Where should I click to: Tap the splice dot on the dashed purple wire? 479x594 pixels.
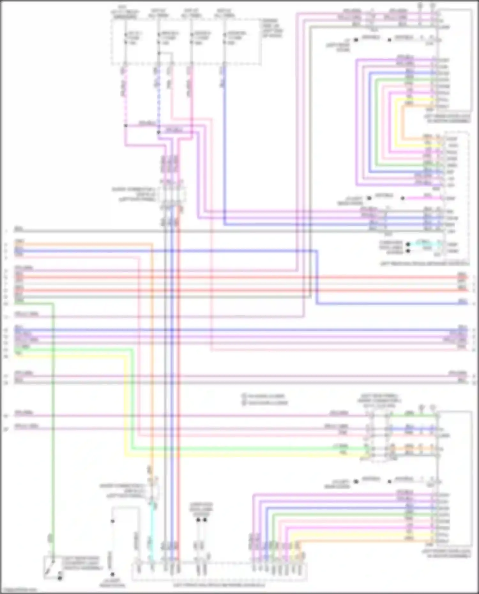[x=125, y=125]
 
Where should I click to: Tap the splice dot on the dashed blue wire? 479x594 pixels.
[x=158, y=132]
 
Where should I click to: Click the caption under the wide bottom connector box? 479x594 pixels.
[x=219, y=585]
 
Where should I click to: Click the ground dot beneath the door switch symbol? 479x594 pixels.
[x=60, y=578]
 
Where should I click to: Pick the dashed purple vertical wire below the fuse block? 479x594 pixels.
[x=125, y=96]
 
